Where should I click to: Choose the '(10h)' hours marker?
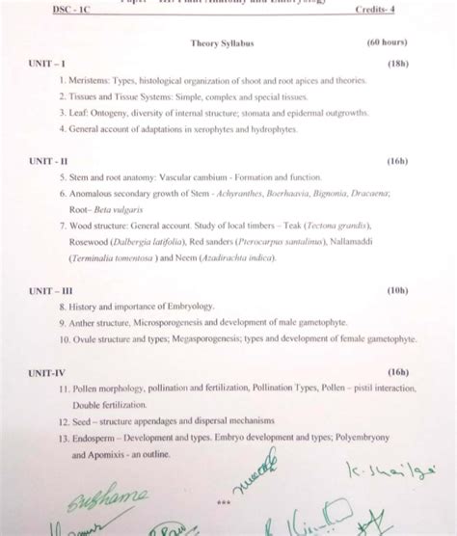coord(397,289)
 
